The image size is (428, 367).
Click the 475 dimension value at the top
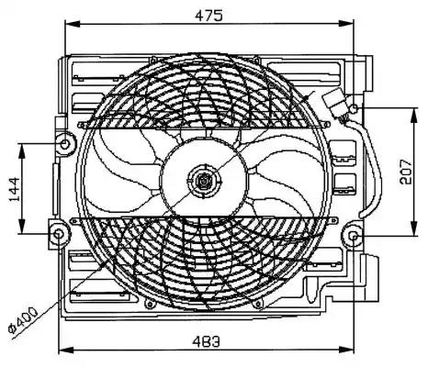[208, 16]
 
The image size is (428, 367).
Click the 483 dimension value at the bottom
[206, 341]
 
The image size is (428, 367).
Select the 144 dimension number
[15, 190]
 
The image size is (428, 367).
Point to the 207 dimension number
[406, 172]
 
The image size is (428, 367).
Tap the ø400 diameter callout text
[23, 319]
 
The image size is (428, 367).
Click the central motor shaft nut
[203, 181]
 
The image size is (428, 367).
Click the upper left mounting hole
[64, 144]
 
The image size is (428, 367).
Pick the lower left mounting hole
[58, 234]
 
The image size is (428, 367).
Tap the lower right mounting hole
[354, 237]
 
